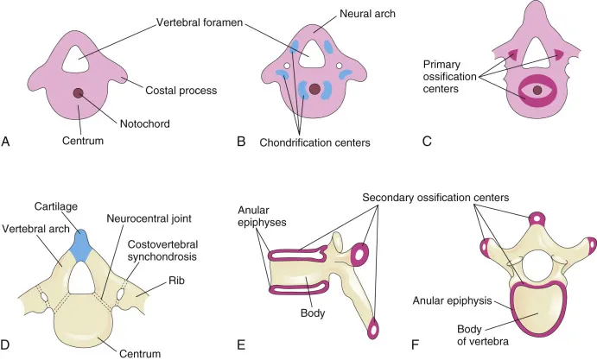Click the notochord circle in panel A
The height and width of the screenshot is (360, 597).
[x=79, y=93]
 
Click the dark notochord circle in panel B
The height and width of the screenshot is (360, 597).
[x=314, y=89]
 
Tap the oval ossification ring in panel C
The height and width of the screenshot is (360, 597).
[x=537, y=89]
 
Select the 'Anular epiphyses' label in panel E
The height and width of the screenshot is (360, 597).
[x=258, y=219]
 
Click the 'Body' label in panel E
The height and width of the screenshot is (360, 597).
[x=314, y=313]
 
